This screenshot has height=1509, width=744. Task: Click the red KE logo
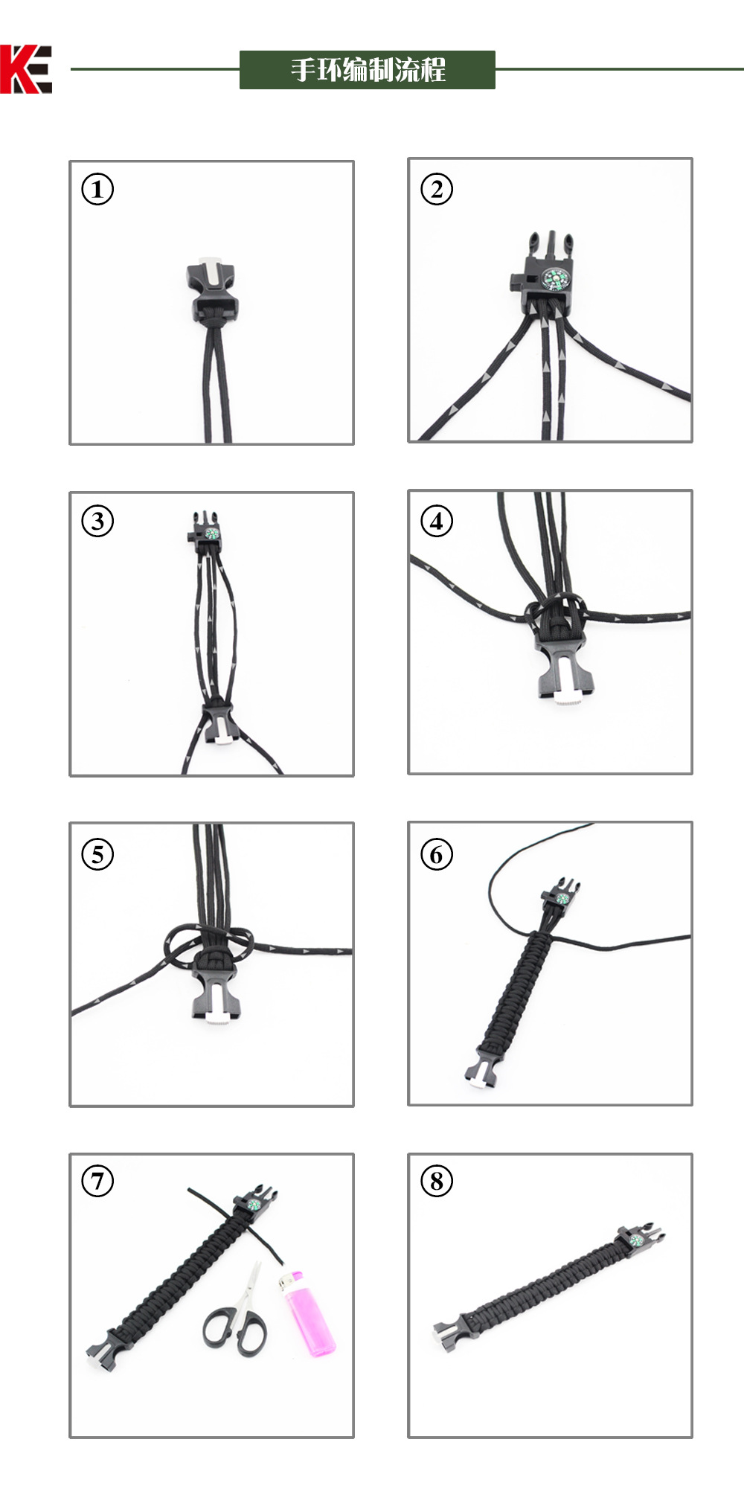[x=26, y=69]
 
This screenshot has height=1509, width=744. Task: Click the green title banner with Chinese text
[x=367, y=70]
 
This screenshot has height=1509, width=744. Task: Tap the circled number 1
[x=97, y=189]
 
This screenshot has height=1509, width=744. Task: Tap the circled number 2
[x=437, y=189]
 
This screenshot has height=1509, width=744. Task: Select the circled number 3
[x=97, y=521]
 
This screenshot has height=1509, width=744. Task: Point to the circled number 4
[x=437, y=521]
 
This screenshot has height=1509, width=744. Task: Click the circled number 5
[x=97, y=853]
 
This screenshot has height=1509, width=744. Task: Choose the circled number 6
[x=437, y=853]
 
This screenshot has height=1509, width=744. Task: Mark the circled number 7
[x=97, y=1181]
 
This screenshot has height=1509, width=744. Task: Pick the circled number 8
[x=437, y=1181]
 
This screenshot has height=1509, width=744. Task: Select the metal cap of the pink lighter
[x=287, y=1281]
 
